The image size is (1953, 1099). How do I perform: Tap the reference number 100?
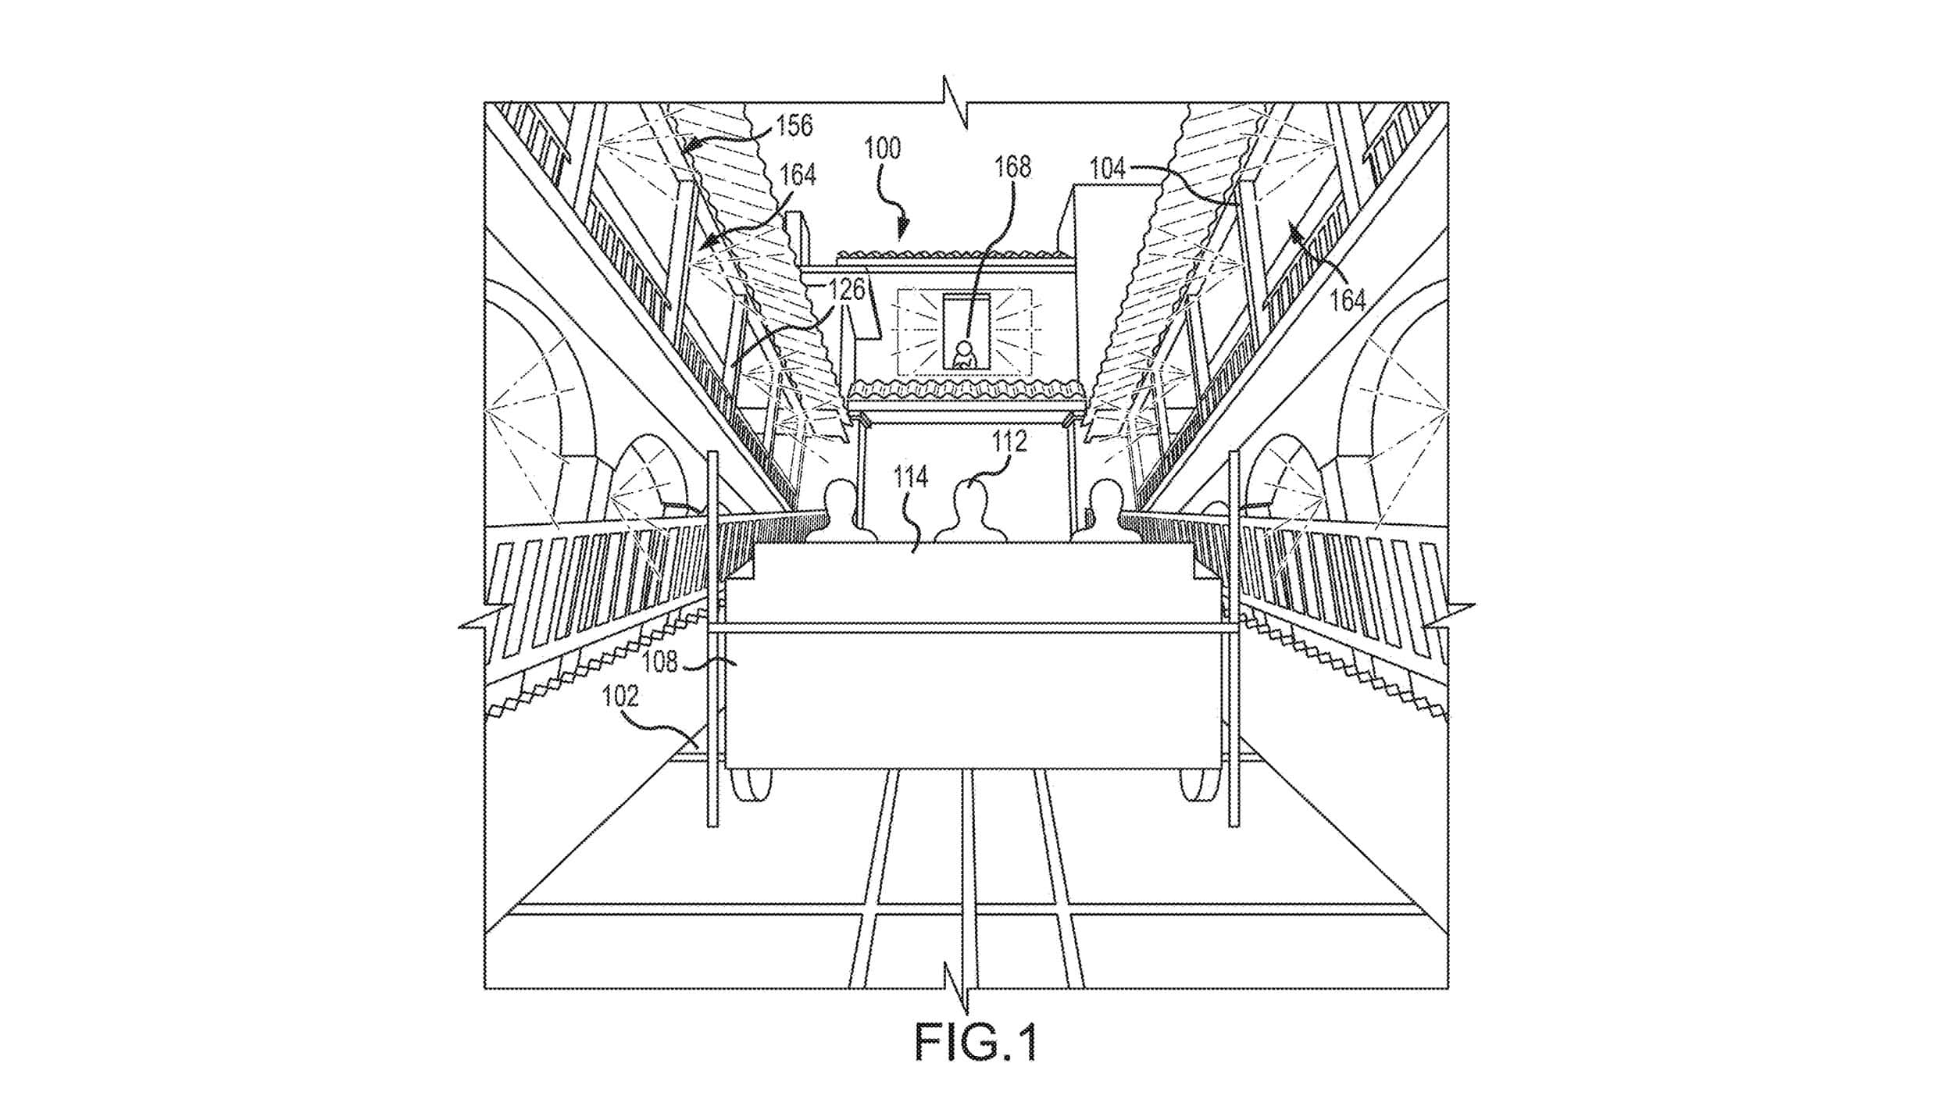[882, 148]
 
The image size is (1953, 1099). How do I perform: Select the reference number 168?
[1012, 167]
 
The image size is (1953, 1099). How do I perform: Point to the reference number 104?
[1108, 168]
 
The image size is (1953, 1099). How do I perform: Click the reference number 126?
[847, 291]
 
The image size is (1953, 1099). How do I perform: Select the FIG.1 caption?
[976, 1041]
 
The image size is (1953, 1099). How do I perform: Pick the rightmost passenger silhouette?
[1101, 511]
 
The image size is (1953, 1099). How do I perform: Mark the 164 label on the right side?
[1348, 300]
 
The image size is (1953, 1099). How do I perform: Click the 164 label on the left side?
[797, 175]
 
